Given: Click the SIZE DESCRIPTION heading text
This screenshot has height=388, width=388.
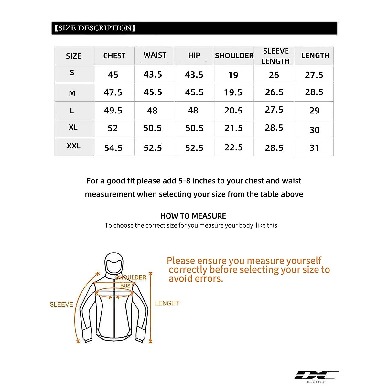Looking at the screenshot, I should tap(95, 28).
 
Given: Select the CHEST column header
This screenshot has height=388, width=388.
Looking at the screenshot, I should tap(114, 56).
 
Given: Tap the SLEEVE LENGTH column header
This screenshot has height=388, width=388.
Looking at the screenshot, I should tap(275, 56).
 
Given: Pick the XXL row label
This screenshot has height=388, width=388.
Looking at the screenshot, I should tap(73, 146).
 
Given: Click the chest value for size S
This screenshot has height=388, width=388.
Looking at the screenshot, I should tap(113, 75).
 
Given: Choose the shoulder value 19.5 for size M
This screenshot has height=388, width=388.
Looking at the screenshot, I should tap(233, 92).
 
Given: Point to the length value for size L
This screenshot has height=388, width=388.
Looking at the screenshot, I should tap(314, 111).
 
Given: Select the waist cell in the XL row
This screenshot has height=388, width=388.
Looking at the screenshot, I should tap(152, 128).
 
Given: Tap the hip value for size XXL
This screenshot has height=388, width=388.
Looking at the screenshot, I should tap(194, 148).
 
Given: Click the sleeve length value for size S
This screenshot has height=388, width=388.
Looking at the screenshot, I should tap(274, 75).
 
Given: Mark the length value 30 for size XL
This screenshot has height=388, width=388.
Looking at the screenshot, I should tap(314, 130).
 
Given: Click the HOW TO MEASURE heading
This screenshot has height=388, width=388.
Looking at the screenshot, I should tap(193, 216).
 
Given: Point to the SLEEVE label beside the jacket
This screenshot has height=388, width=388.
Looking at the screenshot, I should tap(61, 304).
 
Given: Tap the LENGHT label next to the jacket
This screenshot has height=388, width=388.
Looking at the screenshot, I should tap(167, 303).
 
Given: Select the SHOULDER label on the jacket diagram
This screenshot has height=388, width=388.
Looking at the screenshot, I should tap(131, 277).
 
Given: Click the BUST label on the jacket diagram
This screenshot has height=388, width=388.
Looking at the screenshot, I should tap(126, 286).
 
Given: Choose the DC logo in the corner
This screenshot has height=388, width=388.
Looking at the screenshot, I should tap(316, 375).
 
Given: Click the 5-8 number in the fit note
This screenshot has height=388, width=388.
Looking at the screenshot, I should tap(184, 181).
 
